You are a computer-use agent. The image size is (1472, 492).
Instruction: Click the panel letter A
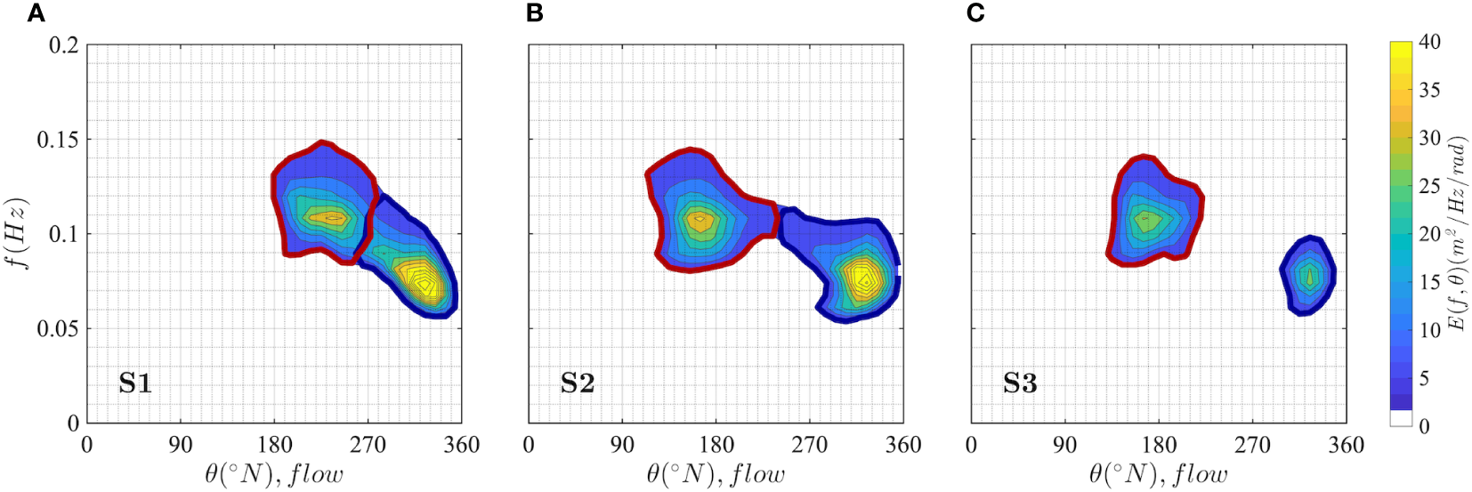tap(36, 13)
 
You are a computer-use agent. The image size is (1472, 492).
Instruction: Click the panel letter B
tap(535, 13)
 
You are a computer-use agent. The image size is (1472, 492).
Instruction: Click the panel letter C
tap(975, 13)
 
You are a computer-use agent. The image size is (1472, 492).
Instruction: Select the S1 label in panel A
tap(135, 383)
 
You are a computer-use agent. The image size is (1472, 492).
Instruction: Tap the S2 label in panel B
tap(577, 383)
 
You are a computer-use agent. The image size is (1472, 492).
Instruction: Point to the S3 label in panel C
tap(1020, 383)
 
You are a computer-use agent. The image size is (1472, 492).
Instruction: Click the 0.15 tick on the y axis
tap(57, 140)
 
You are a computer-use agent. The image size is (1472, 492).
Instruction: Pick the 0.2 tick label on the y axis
tap(63, 45)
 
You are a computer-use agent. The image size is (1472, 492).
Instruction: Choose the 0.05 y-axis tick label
tap(57, 329)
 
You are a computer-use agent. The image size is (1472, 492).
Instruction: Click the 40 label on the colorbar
tap(1429, 42)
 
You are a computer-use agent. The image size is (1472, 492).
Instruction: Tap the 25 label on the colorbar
tap(1429, 186)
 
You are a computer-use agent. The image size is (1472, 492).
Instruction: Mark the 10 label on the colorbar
tap(1429, 330)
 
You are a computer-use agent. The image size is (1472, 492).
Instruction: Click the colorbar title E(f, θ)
tap(1457, 233)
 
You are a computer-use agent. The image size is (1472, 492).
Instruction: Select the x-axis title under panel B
tap(716, 474)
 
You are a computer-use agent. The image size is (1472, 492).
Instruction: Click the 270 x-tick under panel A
tap(368, 445)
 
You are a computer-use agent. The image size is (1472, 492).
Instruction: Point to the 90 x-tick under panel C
tap(1064, 445)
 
